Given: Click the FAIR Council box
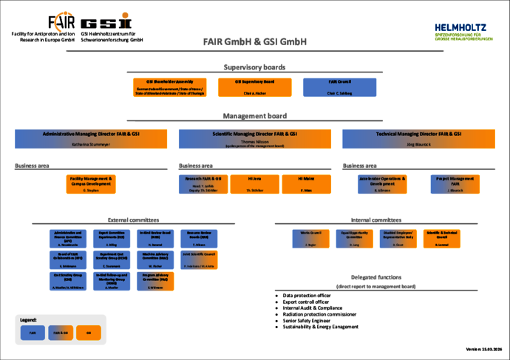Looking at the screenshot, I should (339, 87).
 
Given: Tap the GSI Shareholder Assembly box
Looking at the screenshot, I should (169, 87).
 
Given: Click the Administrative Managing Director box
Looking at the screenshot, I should (90, 137).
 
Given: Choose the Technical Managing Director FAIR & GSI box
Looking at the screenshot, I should (418, 137).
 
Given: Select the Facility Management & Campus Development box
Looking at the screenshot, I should (92, 184).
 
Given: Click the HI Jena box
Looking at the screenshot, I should (254, 184).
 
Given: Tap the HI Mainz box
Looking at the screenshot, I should (305, 184).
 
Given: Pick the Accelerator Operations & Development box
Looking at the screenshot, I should (382, 184).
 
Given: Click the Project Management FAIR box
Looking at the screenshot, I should (455, 184).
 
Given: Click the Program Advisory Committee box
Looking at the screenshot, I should (155, 280).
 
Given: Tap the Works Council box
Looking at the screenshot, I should (310, 237).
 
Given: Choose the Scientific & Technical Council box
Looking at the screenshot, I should (441, 237).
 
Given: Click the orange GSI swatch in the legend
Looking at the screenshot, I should (88, 333).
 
